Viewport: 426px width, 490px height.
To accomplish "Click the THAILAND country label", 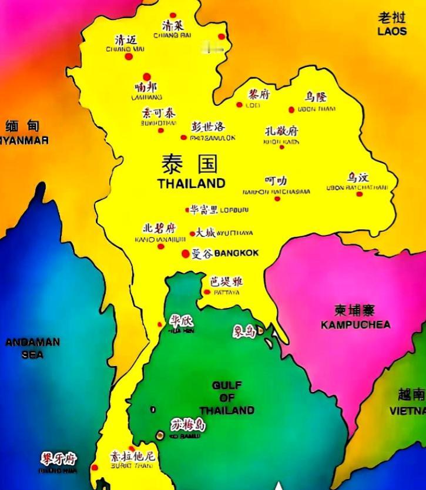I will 191,183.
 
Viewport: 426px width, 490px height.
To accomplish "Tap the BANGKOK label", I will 236,254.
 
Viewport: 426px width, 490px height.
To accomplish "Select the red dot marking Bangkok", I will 186,254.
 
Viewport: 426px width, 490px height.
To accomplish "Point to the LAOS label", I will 392,31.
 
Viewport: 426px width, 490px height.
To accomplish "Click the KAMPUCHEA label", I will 355,324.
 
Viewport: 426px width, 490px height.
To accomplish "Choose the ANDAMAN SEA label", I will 32,348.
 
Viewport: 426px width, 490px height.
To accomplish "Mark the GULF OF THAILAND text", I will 227,398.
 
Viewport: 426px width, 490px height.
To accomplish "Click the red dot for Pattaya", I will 207,292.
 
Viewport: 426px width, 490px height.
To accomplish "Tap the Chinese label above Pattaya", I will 226,281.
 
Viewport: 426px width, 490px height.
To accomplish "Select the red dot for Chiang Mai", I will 129,56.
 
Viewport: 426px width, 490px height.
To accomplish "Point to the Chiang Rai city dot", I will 173,16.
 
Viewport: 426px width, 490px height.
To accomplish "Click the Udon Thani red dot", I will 291,110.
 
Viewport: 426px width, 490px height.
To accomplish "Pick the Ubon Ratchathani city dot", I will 360,194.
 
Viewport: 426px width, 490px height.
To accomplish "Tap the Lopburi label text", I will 234,210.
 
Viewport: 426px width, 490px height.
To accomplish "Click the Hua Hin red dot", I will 160,324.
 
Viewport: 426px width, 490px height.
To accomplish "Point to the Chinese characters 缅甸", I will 22,125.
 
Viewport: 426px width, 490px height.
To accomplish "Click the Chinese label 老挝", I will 392,18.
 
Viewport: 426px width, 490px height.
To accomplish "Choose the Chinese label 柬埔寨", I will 354,310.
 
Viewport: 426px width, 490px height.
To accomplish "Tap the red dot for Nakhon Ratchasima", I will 277,199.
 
